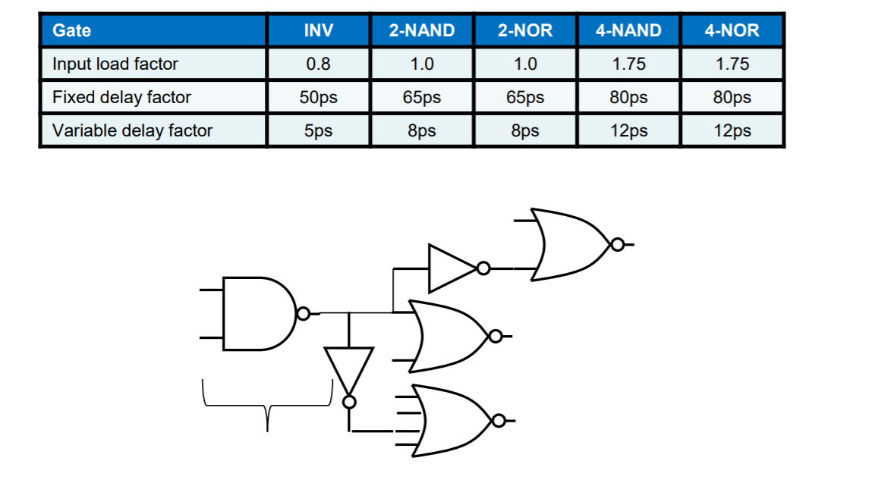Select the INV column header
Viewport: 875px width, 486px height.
[318, 30]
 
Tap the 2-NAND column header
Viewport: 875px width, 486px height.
[421, 30]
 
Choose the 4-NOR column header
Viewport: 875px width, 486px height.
[732, 30]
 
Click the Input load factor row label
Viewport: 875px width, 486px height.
[115, 64]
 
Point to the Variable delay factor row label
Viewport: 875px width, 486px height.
[132, 130]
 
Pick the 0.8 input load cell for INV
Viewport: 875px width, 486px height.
[318, 64]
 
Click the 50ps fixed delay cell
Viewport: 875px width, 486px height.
[318, 97]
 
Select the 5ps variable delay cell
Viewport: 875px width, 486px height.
[318, 130]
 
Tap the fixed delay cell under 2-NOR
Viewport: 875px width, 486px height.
[524, 97]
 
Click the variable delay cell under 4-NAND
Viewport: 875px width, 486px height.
[628, 130]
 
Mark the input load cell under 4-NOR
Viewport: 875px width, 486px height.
[732, 64]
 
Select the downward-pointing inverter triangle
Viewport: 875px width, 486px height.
[349, 369]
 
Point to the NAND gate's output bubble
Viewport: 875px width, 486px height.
[304, 313]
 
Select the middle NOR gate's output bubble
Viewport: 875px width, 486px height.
[496, 336]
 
